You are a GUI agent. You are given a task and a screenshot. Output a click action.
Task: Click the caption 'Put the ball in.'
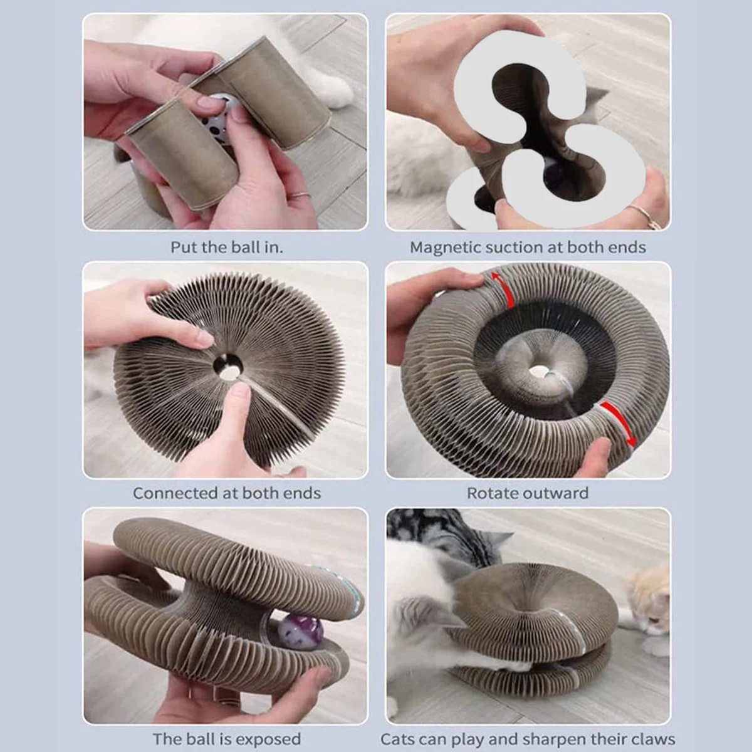click(227, 248)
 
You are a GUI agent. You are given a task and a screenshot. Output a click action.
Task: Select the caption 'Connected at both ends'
click(227, 493)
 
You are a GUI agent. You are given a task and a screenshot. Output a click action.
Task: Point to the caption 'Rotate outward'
click(528, 493)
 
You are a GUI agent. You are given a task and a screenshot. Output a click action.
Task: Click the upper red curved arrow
click(503, 290)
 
